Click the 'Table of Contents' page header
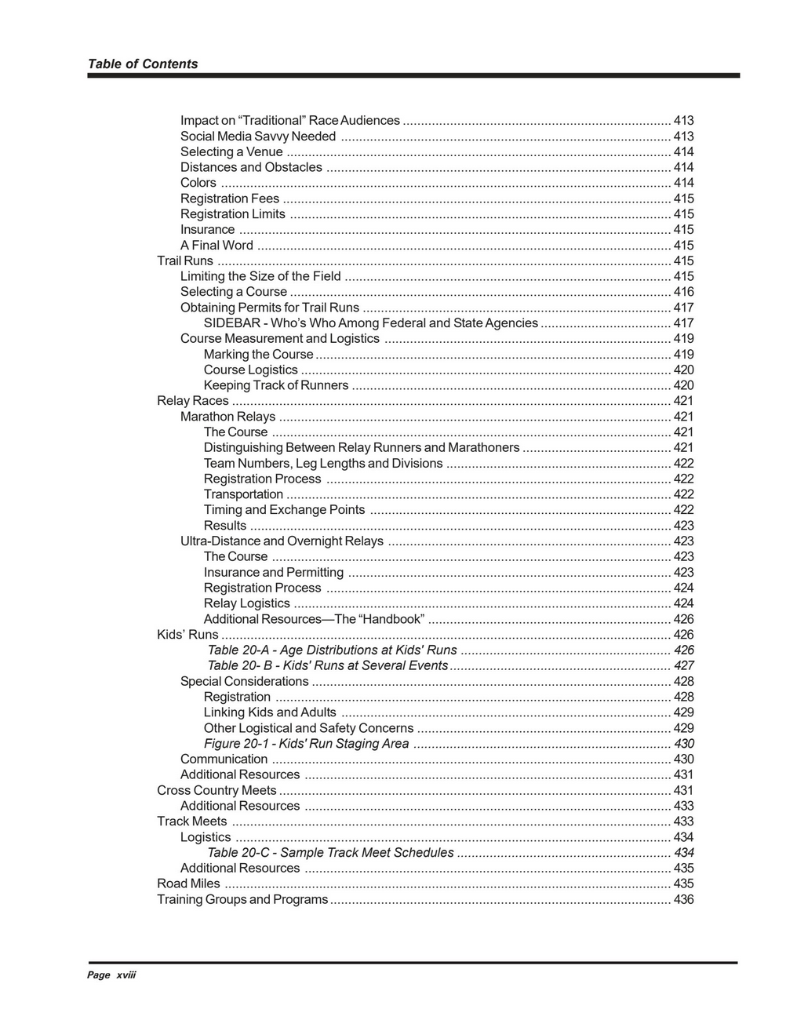point(143,64)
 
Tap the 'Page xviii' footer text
point(111,974)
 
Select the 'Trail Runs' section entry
point(185,260)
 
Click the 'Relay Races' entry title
point(193,401)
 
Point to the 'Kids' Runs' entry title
point(187,635)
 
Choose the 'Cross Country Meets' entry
point(217,790)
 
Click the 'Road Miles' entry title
point(188,883)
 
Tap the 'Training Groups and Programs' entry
point(242,899)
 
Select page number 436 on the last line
point(683,899)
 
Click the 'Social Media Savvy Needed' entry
point(258,137)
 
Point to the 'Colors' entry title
point(198,183)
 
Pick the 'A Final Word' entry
point(217,245)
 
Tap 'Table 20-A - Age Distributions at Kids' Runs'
point(332,650)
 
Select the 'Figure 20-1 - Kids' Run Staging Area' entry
point(306,744)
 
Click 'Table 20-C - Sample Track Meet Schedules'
point(330,853)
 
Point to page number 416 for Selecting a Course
point(683,292)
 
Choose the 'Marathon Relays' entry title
point(227,417)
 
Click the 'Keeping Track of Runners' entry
point(276,385)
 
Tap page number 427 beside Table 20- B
point(683,665)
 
